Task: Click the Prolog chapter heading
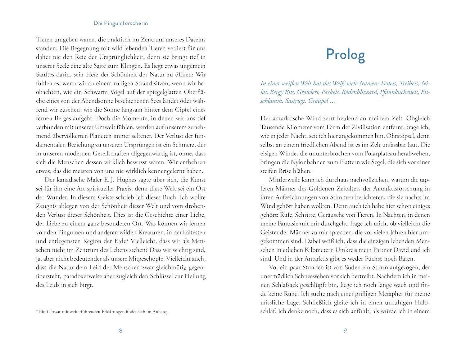345,54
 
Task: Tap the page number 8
121,331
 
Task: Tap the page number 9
345,331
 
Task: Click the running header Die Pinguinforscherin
121,23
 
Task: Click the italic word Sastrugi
295,101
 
